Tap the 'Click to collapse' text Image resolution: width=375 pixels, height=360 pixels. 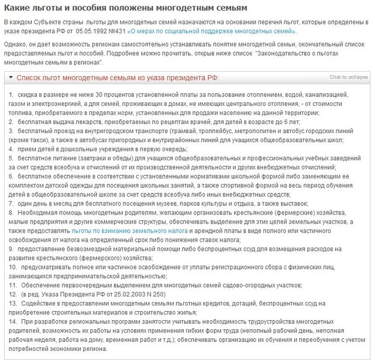[348, 77]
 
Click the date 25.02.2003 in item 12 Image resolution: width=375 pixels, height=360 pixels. [127, 294]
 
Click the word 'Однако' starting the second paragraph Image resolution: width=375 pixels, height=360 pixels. [14, 44]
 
